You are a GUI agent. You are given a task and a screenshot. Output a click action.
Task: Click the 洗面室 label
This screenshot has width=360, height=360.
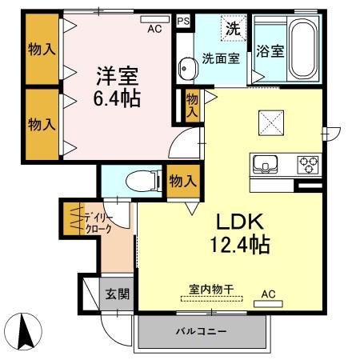coord(220,58)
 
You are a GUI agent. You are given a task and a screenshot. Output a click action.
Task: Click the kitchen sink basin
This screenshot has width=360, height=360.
coord(265,165)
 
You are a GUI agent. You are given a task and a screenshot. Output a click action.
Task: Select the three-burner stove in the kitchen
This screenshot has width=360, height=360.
coord(308,165)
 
